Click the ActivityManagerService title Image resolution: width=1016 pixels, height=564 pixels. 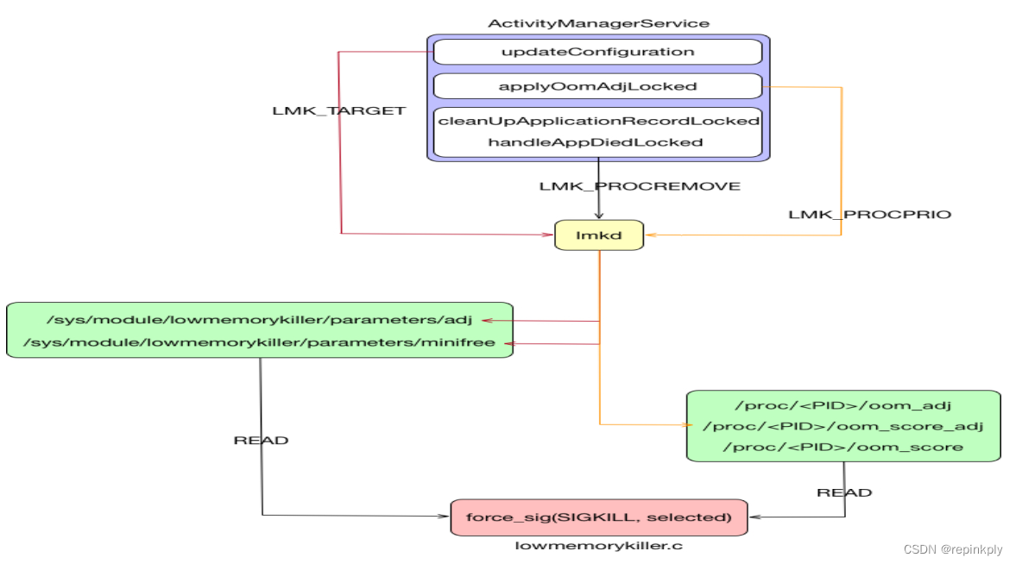(x=598, y=23)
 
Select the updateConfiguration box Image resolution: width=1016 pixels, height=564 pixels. (x=597, y=52)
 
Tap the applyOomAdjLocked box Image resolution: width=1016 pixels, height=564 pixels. (x=597, y=86)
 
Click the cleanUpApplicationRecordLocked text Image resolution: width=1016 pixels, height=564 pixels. (x=598, y=121)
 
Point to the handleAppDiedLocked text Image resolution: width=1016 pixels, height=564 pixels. (x=596, y=142)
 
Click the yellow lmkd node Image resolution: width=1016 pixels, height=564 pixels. (x=599, y=235)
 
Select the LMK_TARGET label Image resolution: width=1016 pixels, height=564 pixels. (x=338, y=111)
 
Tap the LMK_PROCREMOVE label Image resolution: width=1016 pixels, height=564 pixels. (x=640, y=186)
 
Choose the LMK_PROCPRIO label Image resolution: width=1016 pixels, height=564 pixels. (x=869, y=214)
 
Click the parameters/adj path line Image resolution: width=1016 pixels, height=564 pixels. (x=251, y=320)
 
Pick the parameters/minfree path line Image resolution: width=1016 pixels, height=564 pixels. (x=259, y=343)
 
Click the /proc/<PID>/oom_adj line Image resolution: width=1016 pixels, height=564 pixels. (x=842, y=404)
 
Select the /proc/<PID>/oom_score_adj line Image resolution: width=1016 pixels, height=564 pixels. (x=842, y=426)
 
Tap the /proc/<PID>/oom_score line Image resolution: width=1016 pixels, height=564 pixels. (x=842, y=447)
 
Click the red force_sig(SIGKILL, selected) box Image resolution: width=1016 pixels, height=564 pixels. (x=599, y=517)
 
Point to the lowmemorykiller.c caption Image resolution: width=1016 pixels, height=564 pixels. (x=599, y=546)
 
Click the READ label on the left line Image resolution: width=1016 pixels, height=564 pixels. (x=261, y=441)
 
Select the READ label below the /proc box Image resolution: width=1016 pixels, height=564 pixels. (x=844, y=493)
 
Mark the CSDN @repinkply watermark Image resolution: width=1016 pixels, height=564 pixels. (x=953, y=549)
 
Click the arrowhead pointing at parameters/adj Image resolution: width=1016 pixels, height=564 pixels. (x=487, y=320)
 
